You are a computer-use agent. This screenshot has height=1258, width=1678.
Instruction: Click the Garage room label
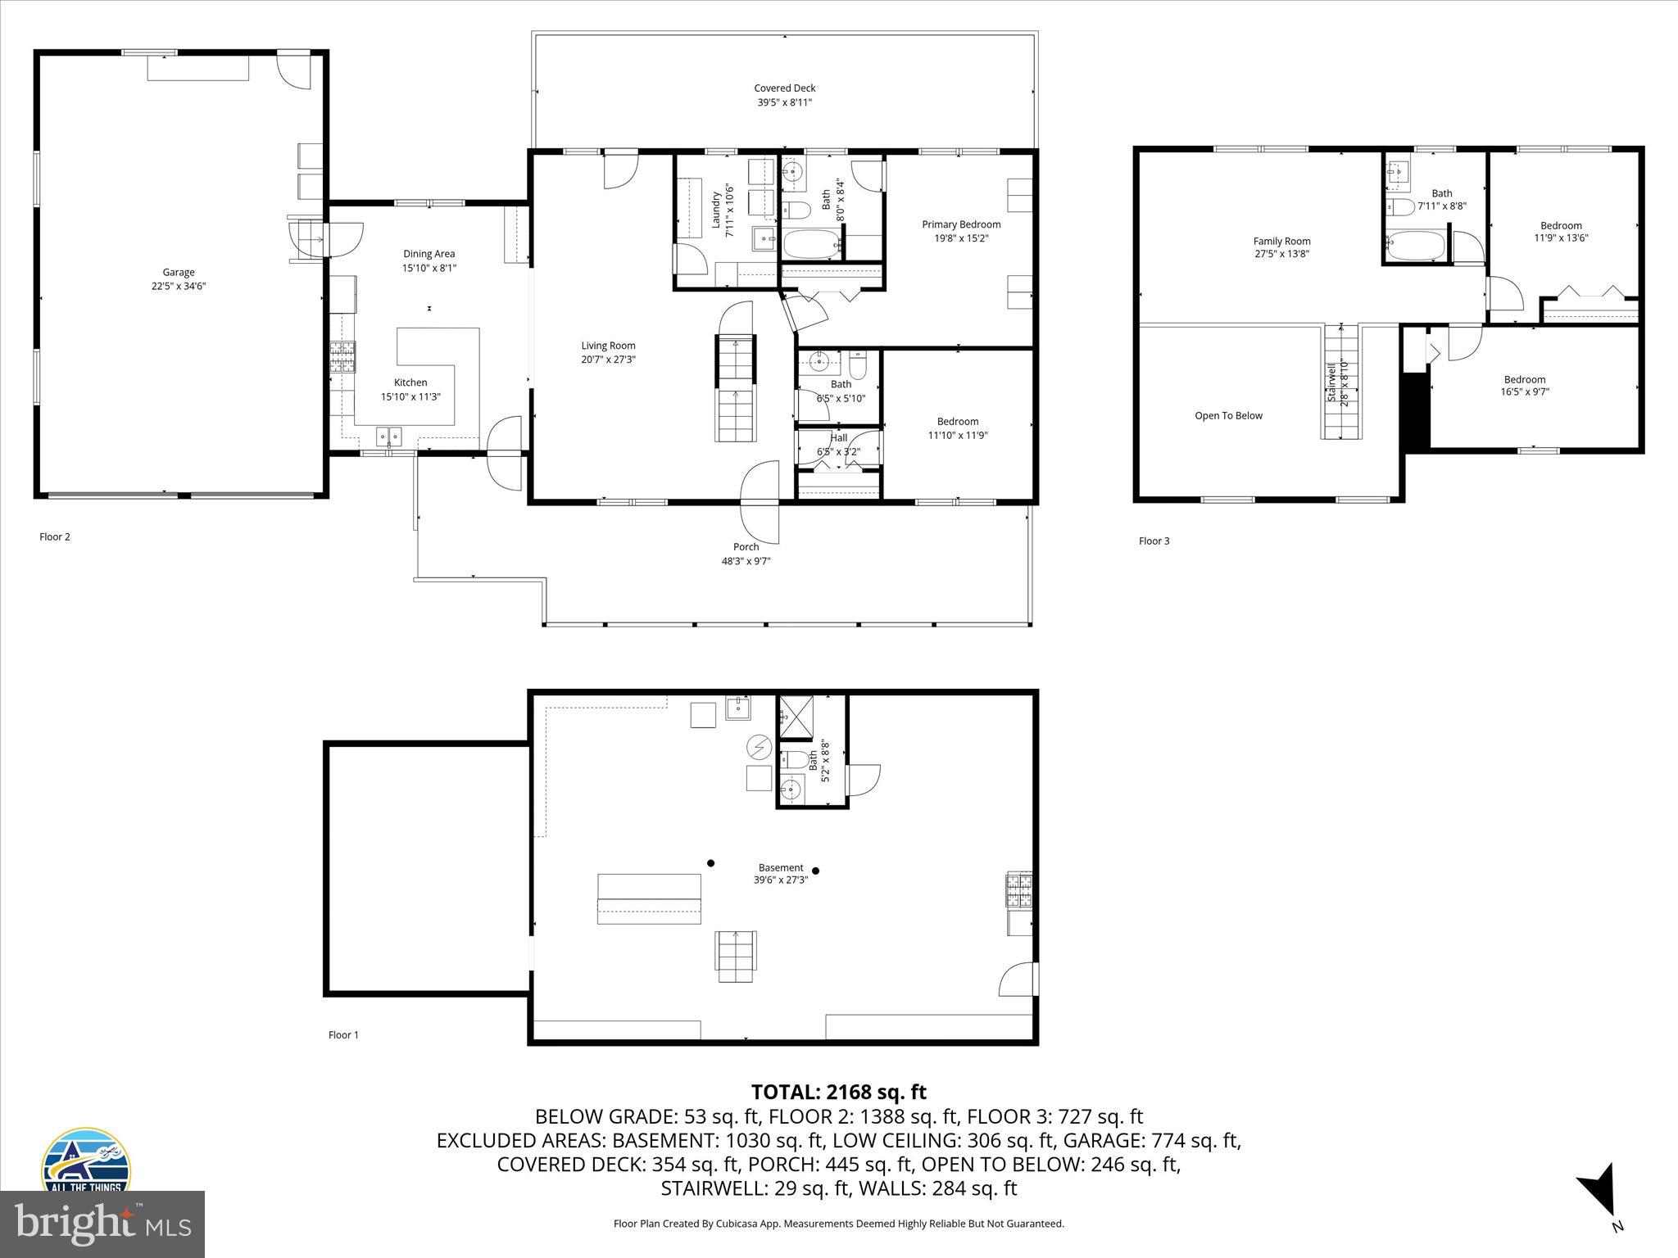(178, 273)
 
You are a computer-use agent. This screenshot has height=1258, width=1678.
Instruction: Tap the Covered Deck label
(784, 88)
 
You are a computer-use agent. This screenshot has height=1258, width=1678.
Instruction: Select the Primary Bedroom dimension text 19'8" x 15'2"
(961, 238)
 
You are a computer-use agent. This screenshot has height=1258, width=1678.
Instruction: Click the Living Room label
(608, 346)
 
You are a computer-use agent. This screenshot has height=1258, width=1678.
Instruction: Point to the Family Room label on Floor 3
(1281, 241)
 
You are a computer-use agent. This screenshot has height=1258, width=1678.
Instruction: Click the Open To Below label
(1228, 416)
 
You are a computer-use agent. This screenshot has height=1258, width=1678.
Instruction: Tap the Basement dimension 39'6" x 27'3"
(780, 880)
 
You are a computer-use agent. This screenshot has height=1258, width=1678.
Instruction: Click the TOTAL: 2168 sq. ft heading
(838, 1092)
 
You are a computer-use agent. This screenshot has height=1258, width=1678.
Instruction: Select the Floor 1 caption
(343, 1035)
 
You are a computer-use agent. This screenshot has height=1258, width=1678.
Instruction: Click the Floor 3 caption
(1154, 541)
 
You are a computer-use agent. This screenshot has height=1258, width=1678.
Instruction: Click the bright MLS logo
(102, 1224)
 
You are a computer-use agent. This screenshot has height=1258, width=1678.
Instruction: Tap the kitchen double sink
(389, 436)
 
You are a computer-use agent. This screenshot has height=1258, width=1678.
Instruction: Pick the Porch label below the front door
(746, 547)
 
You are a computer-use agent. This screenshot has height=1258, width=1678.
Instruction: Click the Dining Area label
(429, 254)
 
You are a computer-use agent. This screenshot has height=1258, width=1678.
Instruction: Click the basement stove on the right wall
(1019, 891)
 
